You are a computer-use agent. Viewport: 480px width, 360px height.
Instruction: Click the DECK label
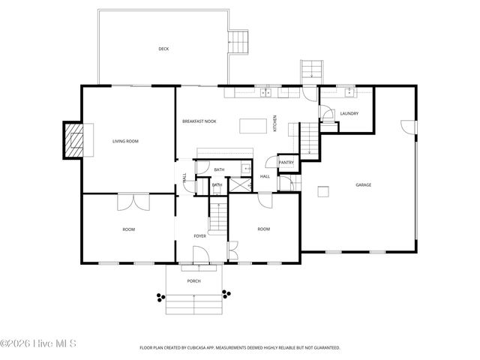163,49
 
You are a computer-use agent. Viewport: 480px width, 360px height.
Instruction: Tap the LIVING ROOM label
125,141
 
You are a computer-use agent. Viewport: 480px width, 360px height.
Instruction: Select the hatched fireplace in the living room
73,139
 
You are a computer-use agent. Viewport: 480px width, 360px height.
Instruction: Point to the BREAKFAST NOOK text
199,121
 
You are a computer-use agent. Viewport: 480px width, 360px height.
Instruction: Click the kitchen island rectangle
253,126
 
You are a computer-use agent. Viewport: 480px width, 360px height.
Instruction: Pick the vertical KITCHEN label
275,124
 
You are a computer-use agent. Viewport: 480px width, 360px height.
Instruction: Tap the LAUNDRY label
349,113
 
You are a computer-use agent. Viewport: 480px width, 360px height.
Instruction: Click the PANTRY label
286,162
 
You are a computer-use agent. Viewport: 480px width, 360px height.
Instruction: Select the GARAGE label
363,184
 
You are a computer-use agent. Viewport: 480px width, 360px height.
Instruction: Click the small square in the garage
323,191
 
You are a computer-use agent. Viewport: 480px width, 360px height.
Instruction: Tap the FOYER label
199,236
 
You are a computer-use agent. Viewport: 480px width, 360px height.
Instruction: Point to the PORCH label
193,281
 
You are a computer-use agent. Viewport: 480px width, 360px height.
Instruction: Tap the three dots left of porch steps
160,297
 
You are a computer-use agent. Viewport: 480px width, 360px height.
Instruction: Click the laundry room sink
349,92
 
